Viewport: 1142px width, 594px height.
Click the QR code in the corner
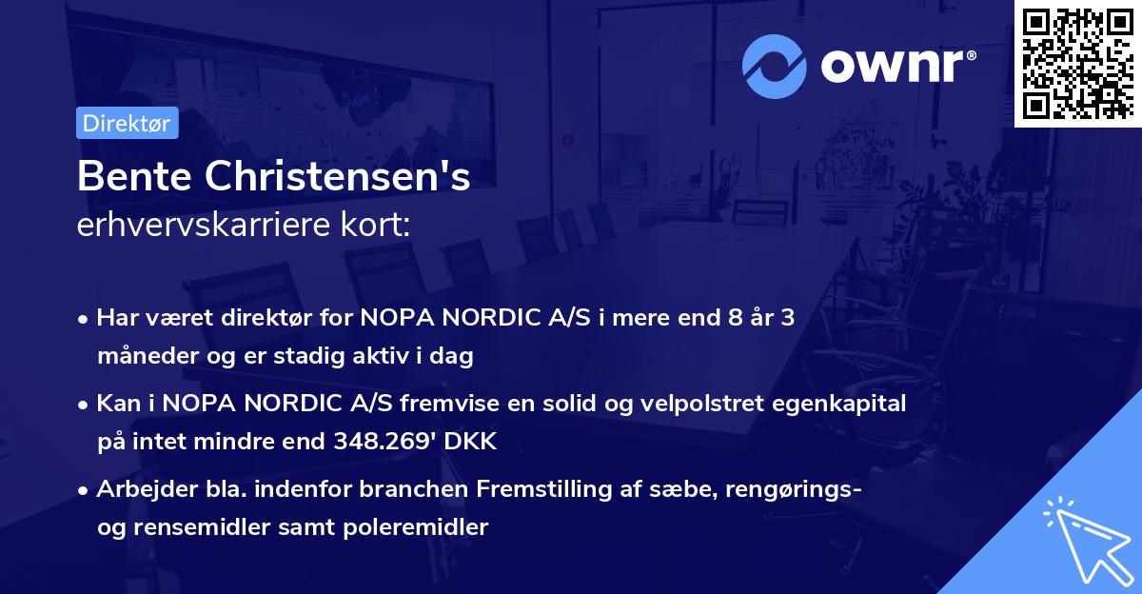[x=1077, y=63]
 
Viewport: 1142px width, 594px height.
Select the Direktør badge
[x=127, y=123]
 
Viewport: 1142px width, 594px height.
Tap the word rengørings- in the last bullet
[x=803, y=489]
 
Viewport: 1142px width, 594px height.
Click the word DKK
[x=473, y=442]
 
